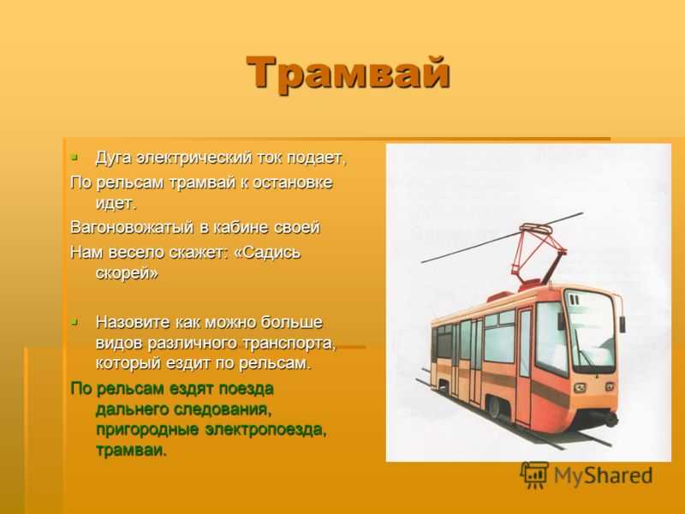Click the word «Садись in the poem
(x=267, y=253)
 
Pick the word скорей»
(x=127, y=273)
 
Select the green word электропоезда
(x=266, y=430)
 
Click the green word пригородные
(x=147, y=430)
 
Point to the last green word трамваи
(x=131, y=451)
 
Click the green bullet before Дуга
(x=74, y=156)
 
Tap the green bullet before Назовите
(x=74, y=322)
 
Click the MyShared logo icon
(x=534, y=475)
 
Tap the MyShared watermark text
(x=604, y=475)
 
